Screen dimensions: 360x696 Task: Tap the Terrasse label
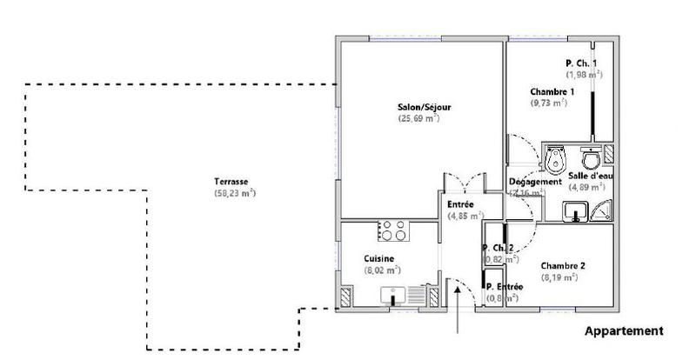click(x=233, y=182)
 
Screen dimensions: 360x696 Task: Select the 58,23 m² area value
click(x=234, y=193)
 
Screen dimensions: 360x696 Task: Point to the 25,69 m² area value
click(x=418, y=118)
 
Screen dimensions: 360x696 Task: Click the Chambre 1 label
click(x=552, y=91)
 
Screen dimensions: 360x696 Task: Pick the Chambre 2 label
click(x=562, y=266)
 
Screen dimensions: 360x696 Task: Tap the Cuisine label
click(x=379, y=259)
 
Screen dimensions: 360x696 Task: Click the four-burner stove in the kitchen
click(x=392, y=230)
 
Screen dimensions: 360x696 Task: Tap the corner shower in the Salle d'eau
click(x=601, y=210)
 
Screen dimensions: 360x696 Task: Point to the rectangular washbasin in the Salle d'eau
click(x=576, y=210)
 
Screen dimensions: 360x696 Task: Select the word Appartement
click(x=624, y=331)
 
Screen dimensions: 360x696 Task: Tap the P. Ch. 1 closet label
click(x=580, y=63)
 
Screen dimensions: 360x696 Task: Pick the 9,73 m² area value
click(x=549, y=103)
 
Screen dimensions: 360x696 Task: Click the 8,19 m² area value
click(x=559, y=277)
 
